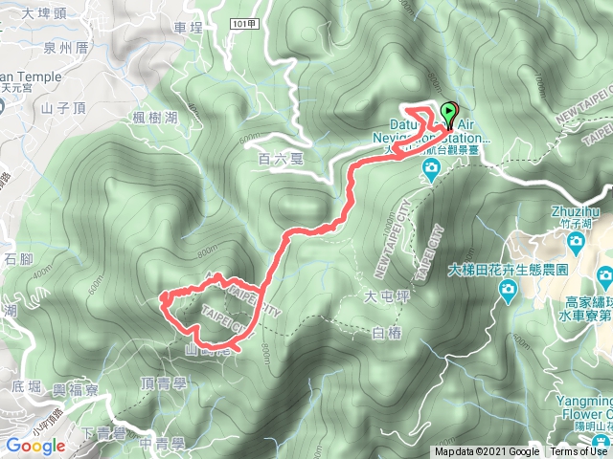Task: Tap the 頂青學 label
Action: point(162,382)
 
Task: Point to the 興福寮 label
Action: point(74,389)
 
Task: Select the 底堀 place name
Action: point(27,385)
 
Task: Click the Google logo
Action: point(34,446)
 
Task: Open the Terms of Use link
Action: point(580,452)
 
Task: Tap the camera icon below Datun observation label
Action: point(432,170)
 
